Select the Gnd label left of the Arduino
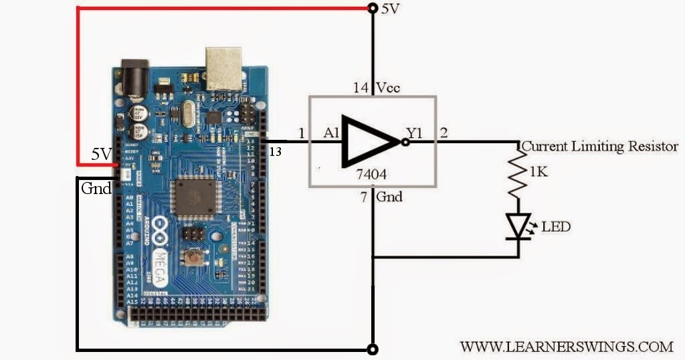coord(96,188)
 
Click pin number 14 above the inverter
coord(361,88)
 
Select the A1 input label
coord(332,134)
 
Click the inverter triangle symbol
coord(370,143)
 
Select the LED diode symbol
coord(519,226)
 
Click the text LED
coord(556,227)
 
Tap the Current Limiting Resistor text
coord(600,146)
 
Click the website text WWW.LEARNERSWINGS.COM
coord(566,346)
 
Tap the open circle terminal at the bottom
coord(373,349)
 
